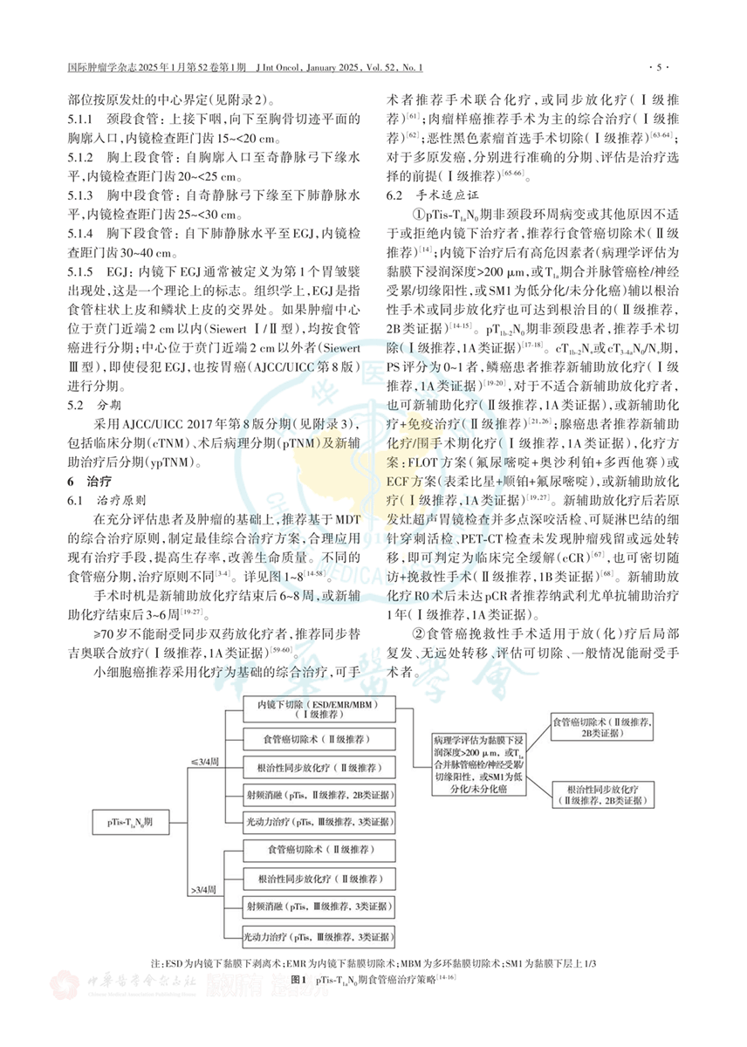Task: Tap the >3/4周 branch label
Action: (205, 891)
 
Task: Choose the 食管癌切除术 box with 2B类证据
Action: (607, 729)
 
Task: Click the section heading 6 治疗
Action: (87, 482)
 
